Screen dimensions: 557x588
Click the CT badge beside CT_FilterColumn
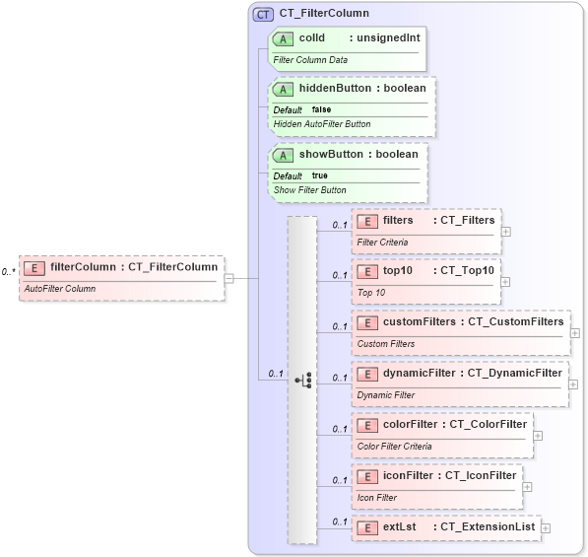[264, 14]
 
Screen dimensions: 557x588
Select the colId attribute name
[312, 38]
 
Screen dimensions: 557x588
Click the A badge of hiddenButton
[284, 89]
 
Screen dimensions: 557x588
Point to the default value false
[321, 109]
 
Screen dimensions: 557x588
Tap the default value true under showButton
[320, 175]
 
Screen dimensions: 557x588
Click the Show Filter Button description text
[309, 190]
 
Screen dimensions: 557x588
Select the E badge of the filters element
[367, 221]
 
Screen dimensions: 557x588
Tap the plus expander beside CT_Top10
[506, 281]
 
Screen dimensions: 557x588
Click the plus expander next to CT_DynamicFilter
[573, 383]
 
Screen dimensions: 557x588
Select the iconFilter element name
[410, 475]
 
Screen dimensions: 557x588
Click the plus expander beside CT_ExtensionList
[546, 527]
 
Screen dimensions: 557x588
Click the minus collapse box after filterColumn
[229, 278]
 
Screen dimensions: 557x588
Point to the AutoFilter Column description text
[60, 289]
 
